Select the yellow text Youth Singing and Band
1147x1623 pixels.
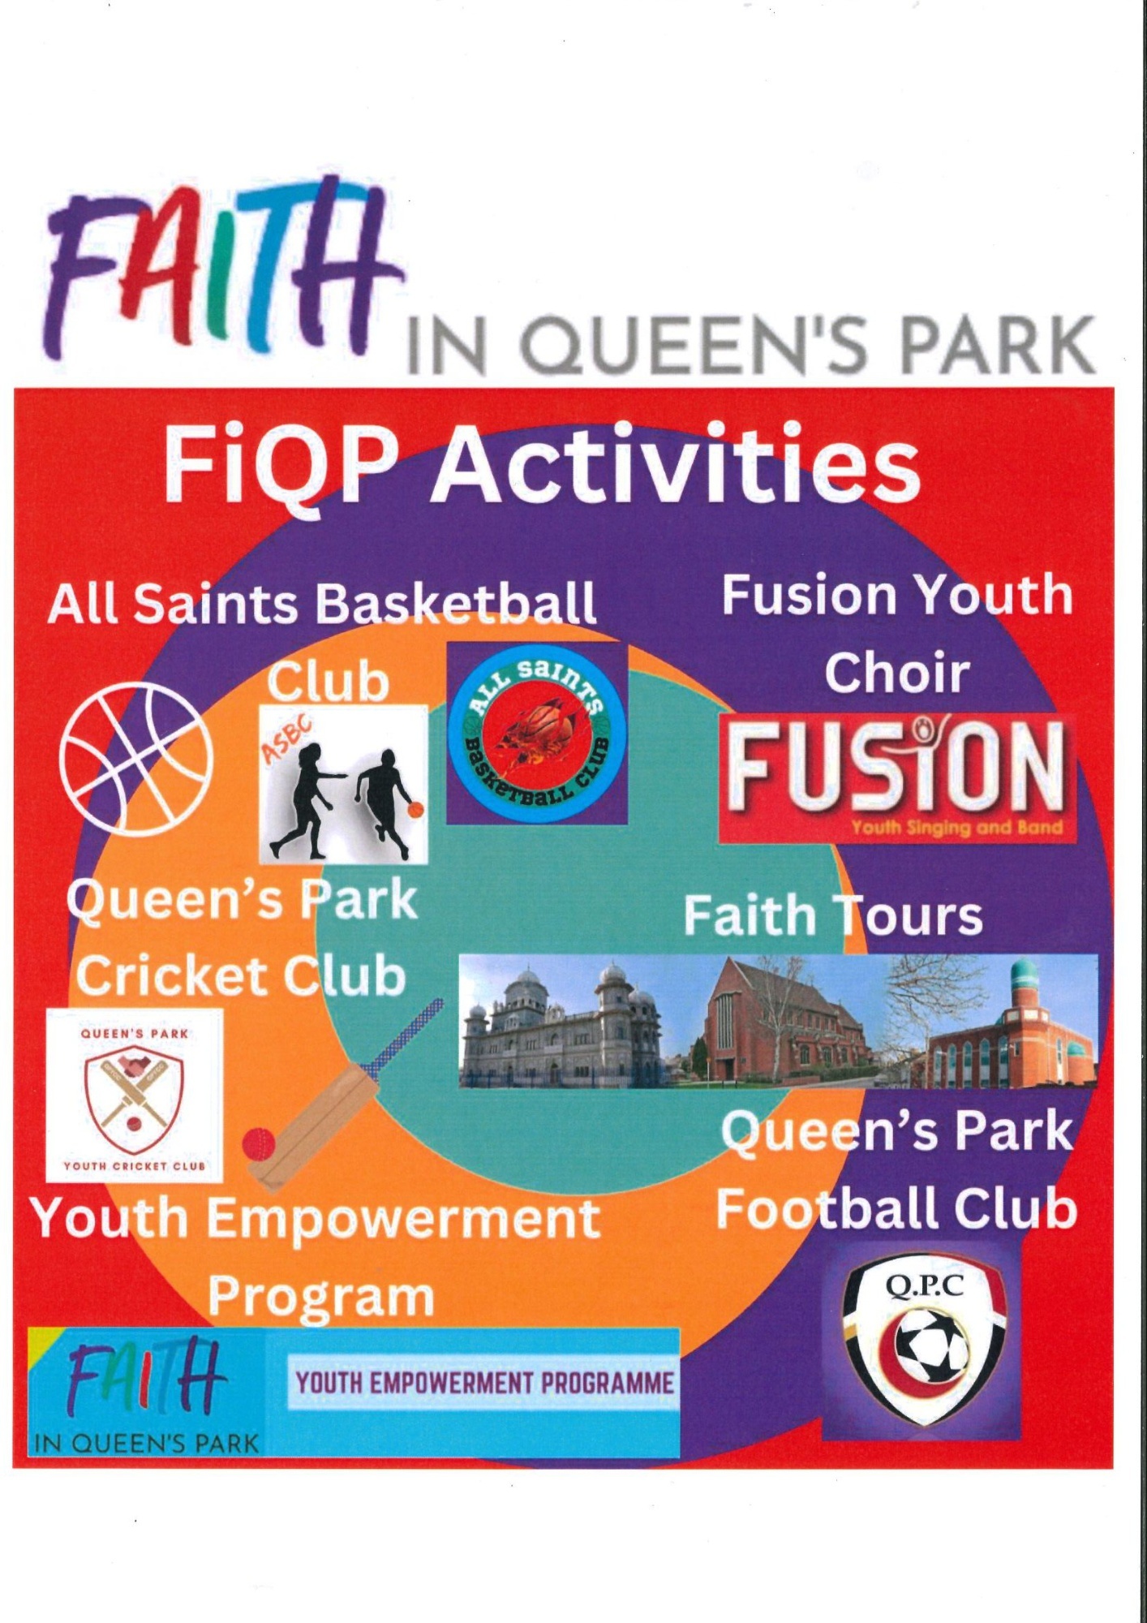[x=956, y=829]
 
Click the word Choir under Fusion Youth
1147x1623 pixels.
[x=896, y=674]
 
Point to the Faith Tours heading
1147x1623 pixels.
[x=833, y=915]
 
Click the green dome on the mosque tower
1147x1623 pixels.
[x=1025, y=970]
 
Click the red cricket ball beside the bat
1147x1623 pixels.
[x=260, y=1143]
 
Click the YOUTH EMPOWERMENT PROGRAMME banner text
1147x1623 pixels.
[x=484, y=1383]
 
